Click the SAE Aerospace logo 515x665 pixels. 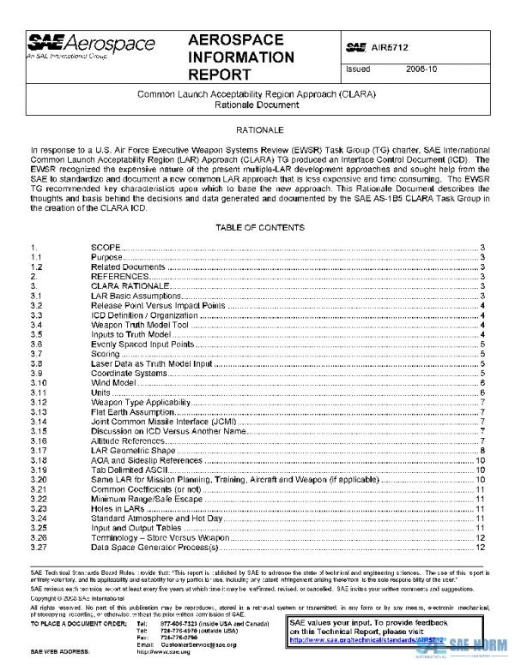pos(91,45)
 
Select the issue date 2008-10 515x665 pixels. pos(422,69)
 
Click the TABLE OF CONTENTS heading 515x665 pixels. pos(258,227)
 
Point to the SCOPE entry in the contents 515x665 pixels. pos(106,247)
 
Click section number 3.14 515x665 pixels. pos(37,421)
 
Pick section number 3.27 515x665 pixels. pos(37,547)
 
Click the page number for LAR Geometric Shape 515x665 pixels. pos(484,450)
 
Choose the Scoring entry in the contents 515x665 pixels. pos(106,353)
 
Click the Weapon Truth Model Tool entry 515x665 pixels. pos(139,324)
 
